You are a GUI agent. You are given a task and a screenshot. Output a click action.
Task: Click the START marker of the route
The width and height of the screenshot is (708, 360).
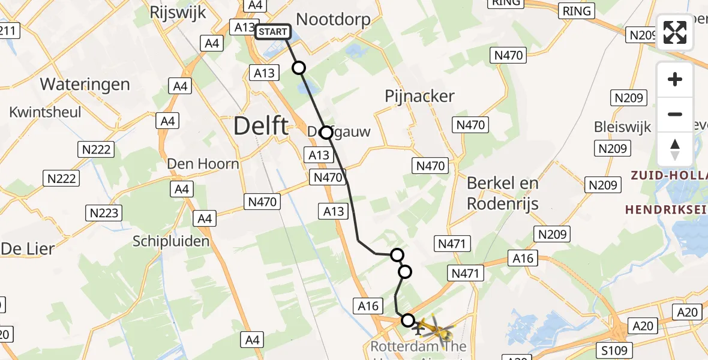coord(273,32)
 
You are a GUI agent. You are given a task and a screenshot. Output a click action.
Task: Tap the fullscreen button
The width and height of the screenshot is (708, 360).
coord(675,32)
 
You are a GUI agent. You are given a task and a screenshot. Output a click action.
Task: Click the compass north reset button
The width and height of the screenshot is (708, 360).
coord(675,149)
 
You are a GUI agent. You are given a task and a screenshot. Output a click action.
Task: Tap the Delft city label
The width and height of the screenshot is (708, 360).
coord(260,127)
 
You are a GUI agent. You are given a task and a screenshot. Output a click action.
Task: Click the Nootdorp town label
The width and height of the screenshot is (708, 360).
coord(333,19)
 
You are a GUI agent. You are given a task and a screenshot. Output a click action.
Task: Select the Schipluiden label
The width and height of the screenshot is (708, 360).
coord(171,241)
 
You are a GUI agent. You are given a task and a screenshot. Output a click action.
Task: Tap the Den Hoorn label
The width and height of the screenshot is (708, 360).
coord(203,163)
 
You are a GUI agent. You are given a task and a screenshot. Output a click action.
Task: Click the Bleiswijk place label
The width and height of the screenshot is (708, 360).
coord(622,127)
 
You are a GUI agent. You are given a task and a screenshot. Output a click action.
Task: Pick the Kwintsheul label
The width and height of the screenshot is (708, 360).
coord(46,112)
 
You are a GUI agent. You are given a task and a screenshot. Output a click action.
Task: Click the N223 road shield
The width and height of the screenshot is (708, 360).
coord(104,212)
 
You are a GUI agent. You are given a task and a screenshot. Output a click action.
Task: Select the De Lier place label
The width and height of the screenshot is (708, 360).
coord(27,248)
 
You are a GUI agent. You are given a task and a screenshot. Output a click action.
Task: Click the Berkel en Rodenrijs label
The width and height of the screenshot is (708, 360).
coord(503,193)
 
